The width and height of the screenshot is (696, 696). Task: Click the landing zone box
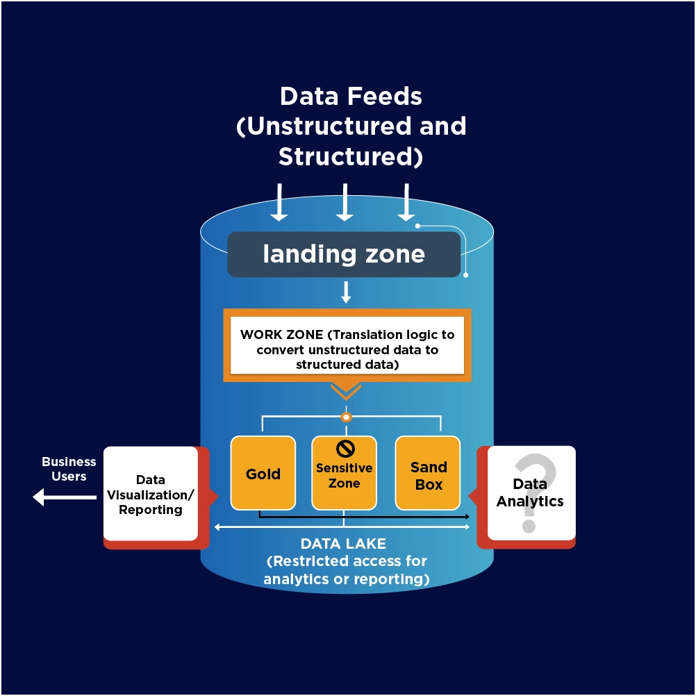click(344, 254)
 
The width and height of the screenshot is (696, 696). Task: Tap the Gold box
click(263, 474)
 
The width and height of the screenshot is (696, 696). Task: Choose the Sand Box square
click(428, 474)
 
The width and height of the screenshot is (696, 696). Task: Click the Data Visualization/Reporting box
click(150, 494)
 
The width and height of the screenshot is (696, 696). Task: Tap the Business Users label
click(69, 469)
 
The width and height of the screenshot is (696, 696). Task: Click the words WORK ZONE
click(281, 335)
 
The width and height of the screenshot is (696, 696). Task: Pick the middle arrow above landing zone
click(345, 202)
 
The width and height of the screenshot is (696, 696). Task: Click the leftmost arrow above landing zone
click(279, 202)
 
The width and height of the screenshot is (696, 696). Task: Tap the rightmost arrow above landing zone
click(406, 202)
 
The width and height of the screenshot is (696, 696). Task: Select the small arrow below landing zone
click(345, 292)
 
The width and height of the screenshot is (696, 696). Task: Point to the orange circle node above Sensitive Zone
click(345, 417)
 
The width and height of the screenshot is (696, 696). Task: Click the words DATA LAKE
click(343, 543)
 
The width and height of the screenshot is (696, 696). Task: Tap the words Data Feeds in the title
click(351, 96)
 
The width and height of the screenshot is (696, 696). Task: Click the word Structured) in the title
click(351, 157)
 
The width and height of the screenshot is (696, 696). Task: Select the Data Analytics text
click(530, 492)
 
